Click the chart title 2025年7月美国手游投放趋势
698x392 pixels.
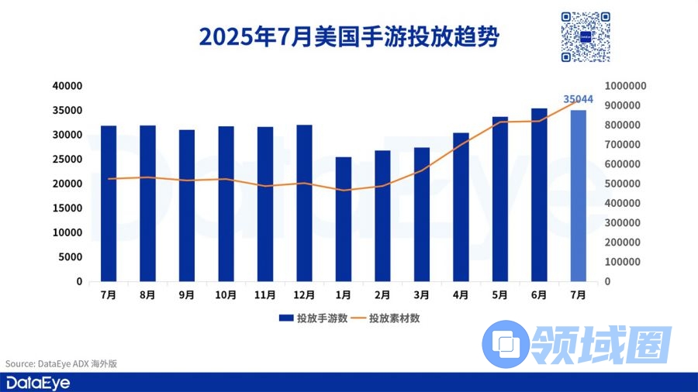[x=348, y=36]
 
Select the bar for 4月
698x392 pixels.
[x=461, y=207]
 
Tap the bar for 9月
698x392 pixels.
[x=187, y=205]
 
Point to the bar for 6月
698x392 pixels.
[x=539, y=194]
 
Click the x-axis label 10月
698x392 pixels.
[x=226, y=295]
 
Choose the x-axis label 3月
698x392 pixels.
[x=421, y=295]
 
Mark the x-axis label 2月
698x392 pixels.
[x=382, y=295]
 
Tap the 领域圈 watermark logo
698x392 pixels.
[x=574, y=342]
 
